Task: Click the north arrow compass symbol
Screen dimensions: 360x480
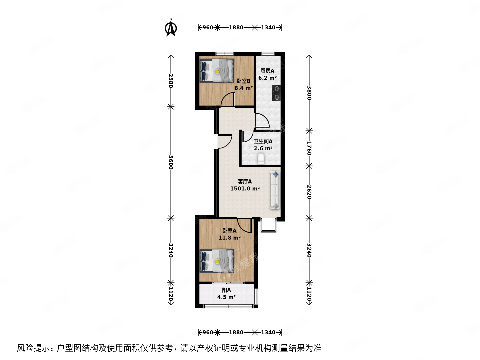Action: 171,28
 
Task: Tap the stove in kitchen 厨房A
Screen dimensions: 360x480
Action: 276,93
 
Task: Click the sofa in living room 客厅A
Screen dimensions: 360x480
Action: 275,190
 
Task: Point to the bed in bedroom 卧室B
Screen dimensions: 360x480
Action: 217,70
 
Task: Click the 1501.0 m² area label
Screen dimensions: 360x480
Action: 245,189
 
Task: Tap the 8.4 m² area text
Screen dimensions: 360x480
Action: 244,88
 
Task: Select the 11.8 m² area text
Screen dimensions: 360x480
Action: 229,238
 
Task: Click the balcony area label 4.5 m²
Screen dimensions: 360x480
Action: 226,297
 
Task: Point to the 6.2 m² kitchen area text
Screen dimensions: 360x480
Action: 267,78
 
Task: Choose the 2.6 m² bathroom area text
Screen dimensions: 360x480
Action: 263,149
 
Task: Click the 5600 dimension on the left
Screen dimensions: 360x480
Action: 171,162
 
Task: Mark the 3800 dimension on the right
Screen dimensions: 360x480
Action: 309,93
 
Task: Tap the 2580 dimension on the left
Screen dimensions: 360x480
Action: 171,80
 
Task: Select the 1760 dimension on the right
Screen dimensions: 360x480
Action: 309,148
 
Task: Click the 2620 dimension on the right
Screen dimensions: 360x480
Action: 309,192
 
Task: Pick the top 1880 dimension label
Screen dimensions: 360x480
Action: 236,28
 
